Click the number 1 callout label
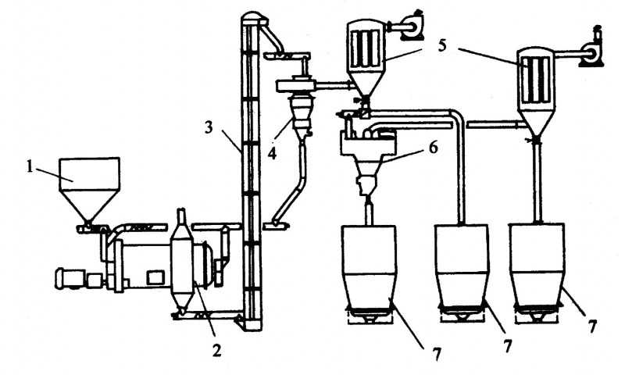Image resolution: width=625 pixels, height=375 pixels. click(30, 166)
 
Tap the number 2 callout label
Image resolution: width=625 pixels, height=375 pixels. click(216, 350)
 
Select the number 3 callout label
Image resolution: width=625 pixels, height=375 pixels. click(209, 128)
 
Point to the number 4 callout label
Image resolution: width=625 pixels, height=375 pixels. click(272, 153)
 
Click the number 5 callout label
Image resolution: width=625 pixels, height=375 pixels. click(442, 45)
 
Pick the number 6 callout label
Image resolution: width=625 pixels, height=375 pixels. click(434, 147)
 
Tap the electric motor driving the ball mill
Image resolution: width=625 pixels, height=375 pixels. click(70, 278)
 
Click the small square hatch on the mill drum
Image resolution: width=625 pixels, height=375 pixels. click(155, 277)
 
